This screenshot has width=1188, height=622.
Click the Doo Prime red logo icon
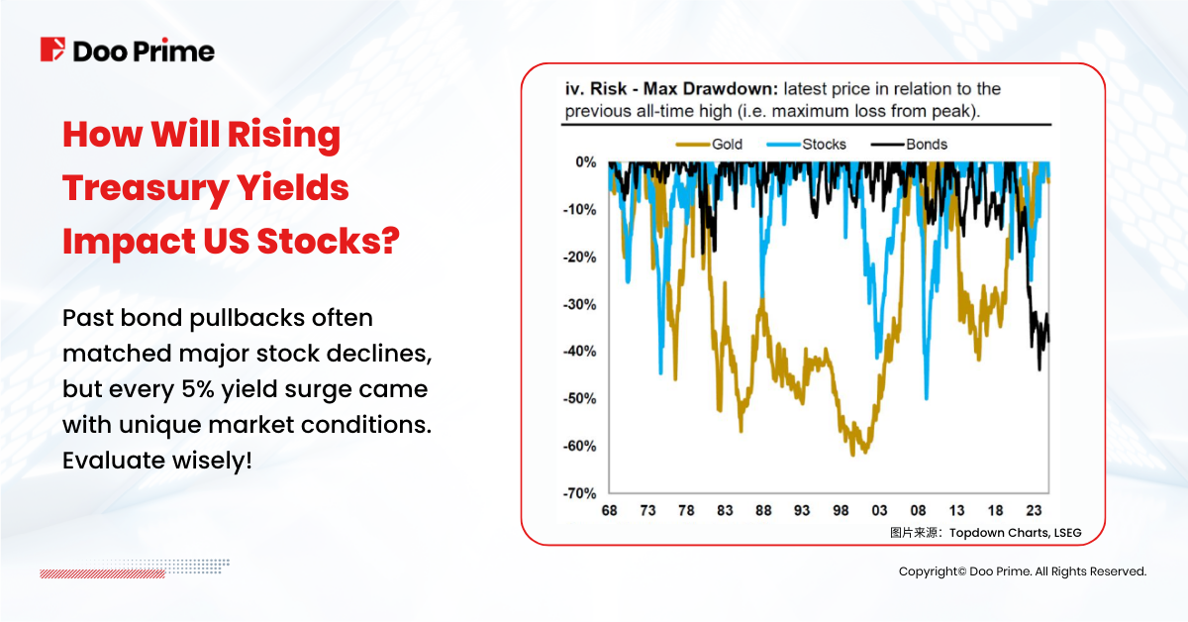tap(53, 50)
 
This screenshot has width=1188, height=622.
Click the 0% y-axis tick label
tap(584, 161)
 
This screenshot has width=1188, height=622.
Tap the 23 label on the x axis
tap(1034, 511)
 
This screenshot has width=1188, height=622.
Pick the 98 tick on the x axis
tap(841, 511)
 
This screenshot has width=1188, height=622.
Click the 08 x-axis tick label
tap(918, 511)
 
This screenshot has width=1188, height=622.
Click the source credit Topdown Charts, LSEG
tap(1015, 533)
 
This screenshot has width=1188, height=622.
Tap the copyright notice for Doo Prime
tap(1022, 571)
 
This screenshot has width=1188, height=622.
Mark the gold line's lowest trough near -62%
tap(853, 455)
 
